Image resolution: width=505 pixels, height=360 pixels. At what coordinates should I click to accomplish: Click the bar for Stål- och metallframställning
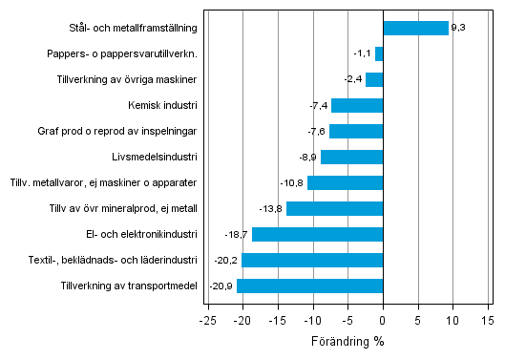pyautogui.click(x=415, y=28)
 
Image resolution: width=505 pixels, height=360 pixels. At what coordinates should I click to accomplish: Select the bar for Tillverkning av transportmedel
pyautogui.click(x=309, y=286)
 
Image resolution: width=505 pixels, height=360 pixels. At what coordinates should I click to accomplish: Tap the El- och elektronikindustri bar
pyautogui.click(x=317, y=234)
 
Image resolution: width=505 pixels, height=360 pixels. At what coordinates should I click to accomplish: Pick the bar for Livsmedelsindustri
pyautogui.click(x=351, y=157)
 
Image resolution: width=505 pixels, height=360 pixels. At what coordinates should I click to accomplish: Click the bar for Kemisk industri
pyautogui.click(x=357, y=105)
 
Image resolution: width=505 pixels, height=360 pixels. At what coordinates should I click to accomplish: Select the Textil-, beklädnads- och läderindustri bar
pyautogui.click(x=312, y=260)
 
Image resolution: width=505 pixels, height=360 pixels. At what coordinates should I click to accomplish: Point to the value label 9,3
pyautogui.click(x=458, y=28)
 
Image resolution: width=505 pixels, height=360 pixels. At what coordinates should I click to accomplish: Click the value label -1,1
pyautogui.click(x=363, y=53)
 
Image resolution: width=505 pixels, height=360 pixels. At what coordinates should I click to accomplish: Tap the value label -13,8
pyautogui.click(x=272, y=208)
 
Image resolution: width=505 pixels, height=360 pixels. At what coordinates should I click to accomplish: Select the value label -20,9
pyautogui.click(x=221, y=286)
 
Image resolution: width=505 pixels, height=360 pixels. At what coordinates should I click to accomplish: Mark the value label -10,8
pyautogui.click(x=293, y=182)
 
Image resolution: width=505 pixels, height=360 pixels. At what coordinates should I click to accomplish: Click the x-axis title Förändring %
pyautogui.click(x=347, y=341)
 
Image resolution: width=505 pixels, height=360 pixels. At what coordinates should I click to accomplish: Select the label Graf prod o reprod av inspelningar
pyautogui.click(x=130, y=131)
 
